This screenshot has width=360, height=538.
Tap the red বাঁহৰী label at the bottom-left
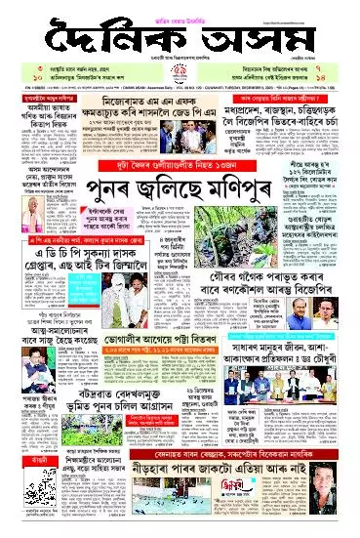point(19,487)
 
